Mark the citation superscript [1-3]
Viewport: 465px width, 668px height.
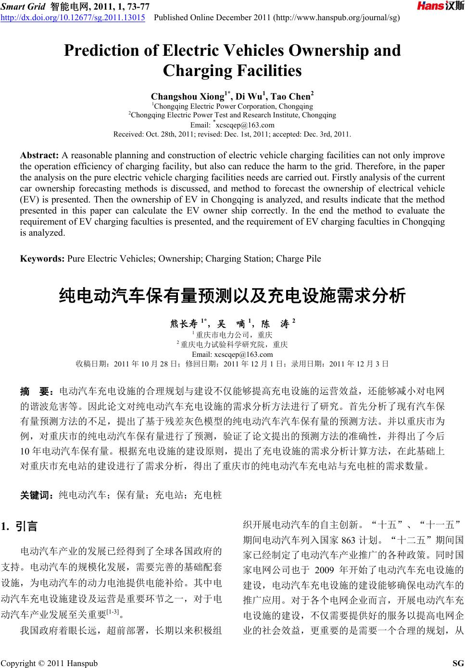113,612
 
